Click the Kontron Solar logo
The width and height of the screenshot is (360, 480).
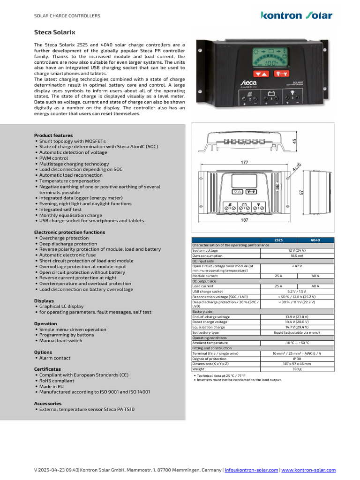(296, 15)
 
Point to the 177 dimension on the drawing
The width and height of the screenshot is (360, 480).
(244, 162)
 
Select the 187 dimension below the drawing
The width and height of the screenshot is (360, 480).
(244, 220)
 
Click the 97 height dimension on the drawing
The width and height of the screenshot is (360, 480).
(302, 193)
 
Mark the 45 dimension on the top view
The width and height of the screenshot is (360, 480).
(294, 141)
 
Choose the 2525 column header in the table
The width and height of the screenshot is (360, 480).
(278, 240)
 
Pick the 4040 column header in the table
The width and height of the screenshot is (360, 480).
(315, 240)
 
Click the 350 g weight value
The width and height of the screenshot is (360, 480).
(297, 369)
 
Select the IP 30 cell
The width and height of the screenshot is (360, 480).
(297, 359)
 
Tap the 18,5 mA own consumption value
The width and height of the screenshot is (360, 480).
(297, 256)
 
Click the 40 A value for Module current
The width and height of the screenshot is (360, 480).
(315, 276)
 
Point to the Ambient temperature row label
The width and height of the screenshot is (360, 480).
(210, 343)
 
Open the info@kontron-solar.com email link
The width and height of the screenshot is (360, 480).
(252, 470)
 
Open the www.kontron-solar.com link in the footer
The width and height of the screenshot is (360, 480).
(308, 470)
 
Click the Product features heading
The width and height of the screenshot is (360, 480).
(53, 135)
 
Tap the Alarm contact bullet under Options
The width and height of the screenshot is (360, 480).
(54, 358)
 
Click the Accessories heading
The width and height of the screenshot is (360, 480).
(48, 403)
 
